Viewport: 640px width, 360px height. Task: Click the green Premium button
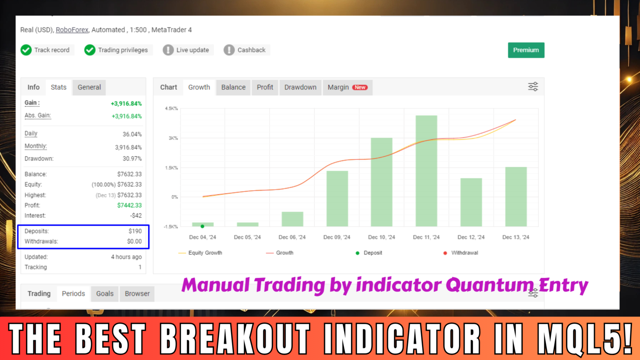coord(526,50)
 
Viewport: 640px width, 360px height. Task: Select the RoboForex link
coord(72,30)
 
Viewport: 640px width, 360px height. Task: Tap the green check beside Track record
coord(26,50)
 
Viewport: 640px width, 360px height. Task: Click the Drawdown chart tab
coord(300,87)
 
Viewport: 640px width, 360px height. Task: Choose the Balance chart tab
coord(233,87)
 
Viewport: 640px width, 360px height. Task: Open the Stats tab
coord(59,87)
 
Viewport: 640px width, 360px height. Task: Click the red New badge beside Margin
coord(360,87)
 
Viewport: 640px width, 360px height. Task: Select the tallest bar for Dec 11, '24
coord(426,171)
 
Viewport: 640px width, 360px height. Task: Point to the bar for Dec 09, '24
coord(337,199)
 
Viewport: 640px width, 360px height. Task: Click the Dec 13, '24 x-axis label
coord(516,237)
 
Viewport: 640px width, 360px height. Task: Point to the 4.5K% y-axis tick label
coord(171,109)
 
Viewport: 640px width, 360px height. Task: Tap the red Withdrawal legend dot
coord(445,253)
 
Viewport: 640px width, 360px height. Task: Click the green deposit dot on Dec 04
coord(202,226)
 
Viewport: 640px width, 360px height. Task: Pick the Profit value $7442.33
coord(129,205)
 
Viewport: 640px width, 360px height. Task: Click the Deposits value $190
coord(135,231)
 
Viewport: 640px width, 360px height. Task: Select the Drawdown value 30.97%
coord(132,159)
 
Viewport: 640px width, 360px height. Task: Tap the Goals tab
coord(105,294)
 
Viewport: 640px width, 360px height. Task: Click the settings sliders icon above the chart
coord(533,87)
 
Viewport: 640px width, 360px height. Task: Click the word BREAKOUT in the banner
coord(235,338)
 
